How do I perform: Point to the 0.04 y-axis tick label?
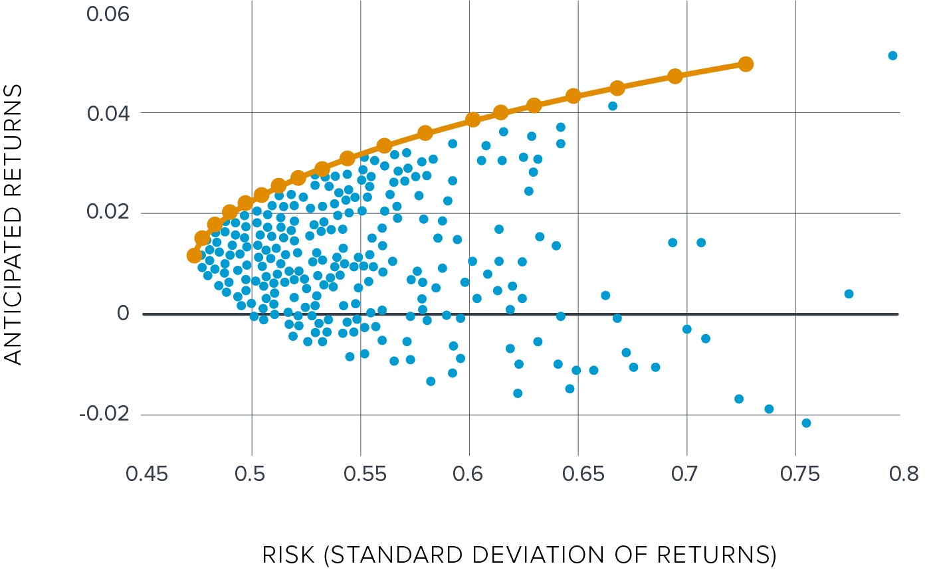tap(108, 114)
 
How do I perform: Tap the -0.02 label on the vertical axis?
tap(104, 415)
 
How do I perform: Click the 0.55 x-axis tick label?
tap(360, 474)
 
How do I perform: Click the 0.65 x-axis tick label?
tap(577, 474)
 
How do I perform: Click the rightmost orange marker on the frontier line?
tap(746, 64)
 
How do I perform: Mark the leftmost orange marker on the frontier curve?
tap(194, 255)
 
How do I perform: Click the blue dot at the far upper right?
tap(892, 55)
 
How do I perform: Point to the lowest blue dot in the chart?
tap(806, 423)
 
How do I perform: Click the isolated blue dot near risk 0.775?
tap(849, 294)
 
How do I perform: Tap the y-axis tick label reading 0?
tap(122, 314)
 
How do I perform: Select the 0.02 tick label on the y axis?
tap(108, 214)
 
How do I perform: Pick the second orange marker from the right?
tap(675, 76)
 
